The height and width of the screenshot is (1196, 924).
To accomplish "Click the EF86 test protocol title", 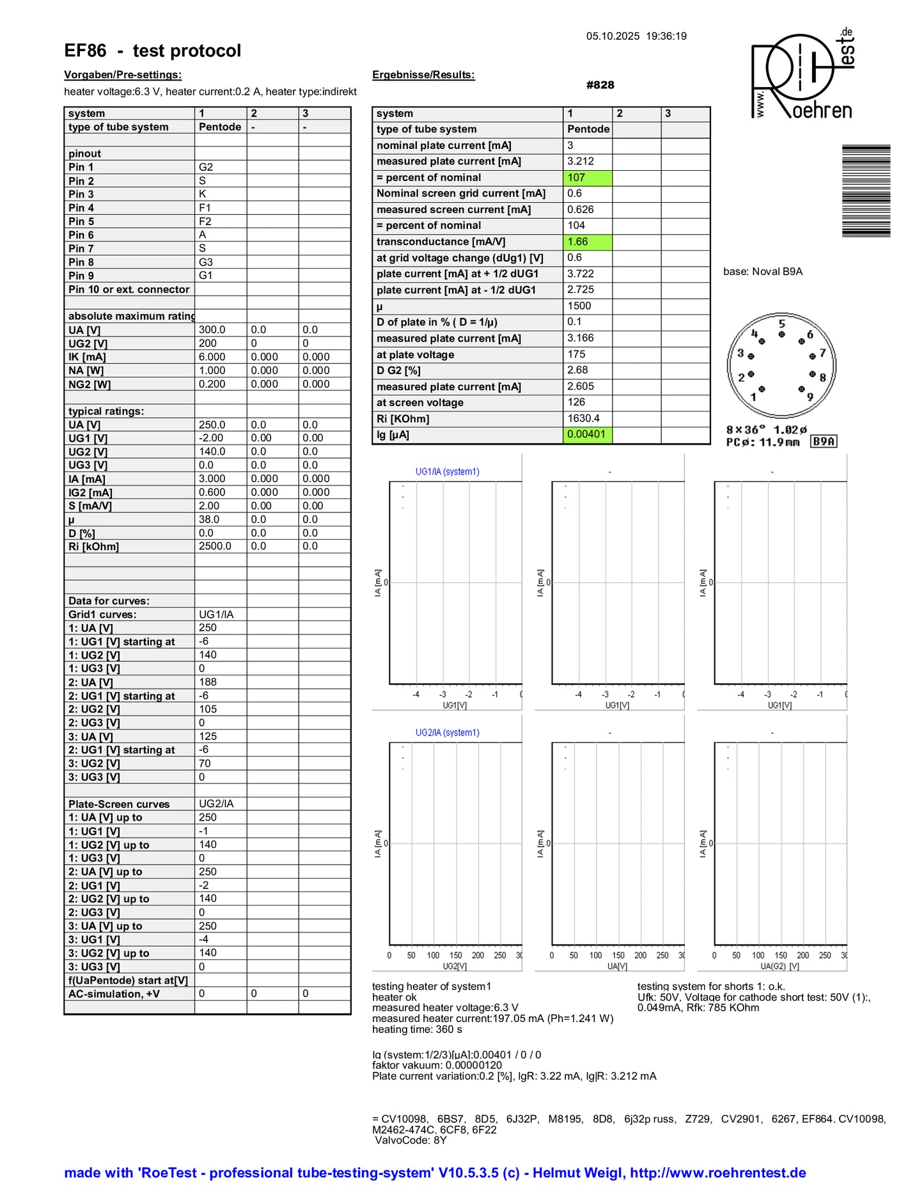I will (x=152, y=51).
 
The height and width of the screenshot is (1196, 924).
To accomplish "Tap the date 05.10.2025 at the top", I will (x=613, y=36).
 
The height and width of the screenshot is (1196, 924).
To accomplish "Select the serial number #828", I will (x=600, y=85).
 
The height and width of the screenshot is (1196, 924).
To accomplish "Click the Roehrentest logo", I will (x=803, y=75).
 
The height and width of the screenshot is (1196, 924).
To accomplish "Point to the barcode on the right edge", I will (x=866, y=191).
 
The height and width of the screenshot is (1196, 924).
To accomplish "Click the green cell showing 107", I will (x=588, y=178).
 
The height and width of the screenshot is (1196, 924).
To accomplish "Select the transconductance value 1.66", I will (x=588, y=242).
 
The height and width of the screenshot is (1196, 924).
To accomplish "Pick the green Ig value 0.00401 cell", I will (x=588, y=435).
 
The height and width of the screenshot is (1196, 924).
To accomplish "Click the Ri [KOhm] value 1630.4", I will (x=583, y=418).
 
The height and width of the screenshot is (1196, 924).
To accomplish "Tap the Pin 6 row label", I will (x=81, y=235).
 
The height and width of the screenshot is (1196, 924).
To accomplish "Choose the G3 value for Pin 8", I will (x=206, y=262).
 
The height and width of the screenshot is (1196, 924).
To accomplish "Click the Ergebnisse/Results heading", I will (x=423, y=75).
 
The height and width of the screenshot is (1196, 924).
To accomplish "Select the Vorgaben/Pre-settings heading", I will (x=123, y=75).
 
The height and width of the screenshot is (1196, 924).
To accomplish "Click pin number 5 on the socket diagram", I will (x=781, y=324).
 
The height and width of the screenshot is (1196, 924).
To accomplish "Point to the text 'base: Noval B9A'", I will (x=762, y=271).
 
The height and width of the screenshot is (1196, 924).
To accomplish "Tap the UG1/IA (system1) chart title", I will (x=447, y=471).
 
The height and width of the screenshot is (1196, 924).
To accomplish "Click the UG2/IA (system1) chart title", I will (x=447, y=732).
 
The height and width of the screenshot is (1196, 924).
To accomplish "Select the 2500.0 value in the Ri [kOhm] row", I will (x=215, y=546).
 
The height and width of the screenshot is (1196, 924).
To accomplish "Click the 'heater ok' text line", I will (x=394, y=997).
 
